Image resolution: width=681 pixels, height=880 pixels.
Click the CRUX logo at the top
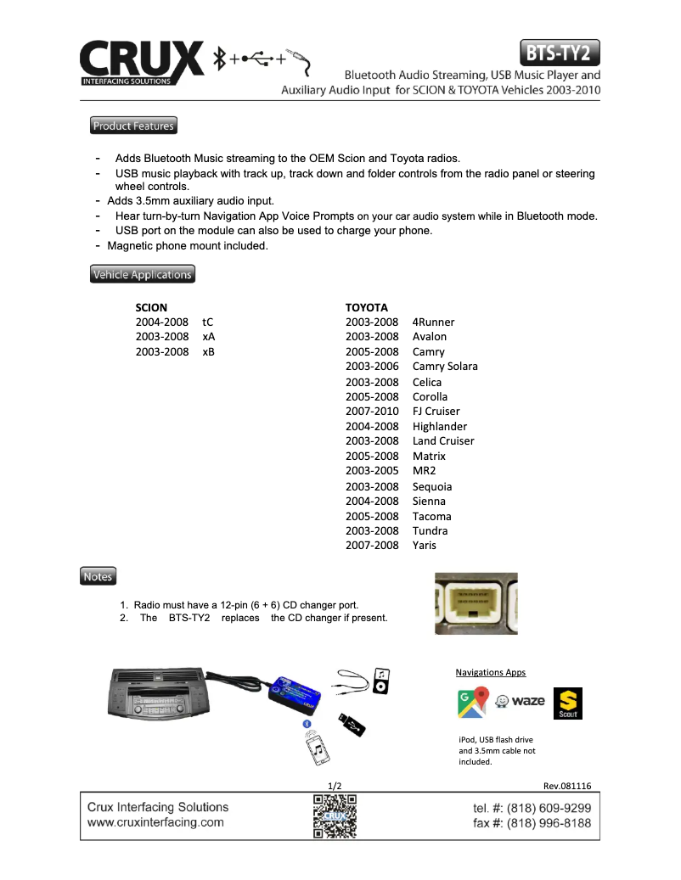(141, 62)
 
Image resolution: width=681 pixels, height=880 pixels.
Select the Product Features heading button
(133, 126)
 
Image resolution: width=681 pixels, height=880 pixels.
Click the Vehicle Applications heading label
(142, 274)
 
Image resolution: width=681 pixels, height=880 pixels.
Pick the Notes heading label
(98, 576)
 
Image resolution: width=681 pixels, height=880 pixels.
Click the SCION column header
(151, 307)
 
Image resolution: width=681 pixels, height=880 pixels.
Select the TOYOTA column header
(366, 307)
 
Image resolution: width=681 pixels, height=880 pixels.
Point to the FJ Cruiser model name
(436, 412)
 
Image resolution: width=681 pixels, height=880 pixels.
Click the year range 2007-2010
(372, 412)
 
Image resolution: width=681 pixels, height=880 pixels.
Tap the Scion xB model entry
(209, 351)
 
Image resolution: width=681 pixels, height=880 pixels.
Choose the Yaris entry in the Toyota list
(425, 545)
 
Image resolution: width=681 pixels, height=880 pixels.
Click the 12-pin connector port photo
(476, 603)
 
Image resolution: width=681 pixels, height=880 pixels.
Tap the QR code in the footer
(335, 816)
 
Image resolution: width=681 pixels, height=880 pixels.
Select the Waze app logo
(520, 702)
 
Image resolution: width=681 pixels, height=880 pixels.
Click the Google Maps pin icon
(473, 703)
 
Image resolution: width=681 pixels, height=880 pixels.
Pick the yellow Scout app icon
(567, 703)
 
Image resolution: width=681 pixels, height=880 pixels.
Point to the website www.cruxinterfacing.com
(155, 822)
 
